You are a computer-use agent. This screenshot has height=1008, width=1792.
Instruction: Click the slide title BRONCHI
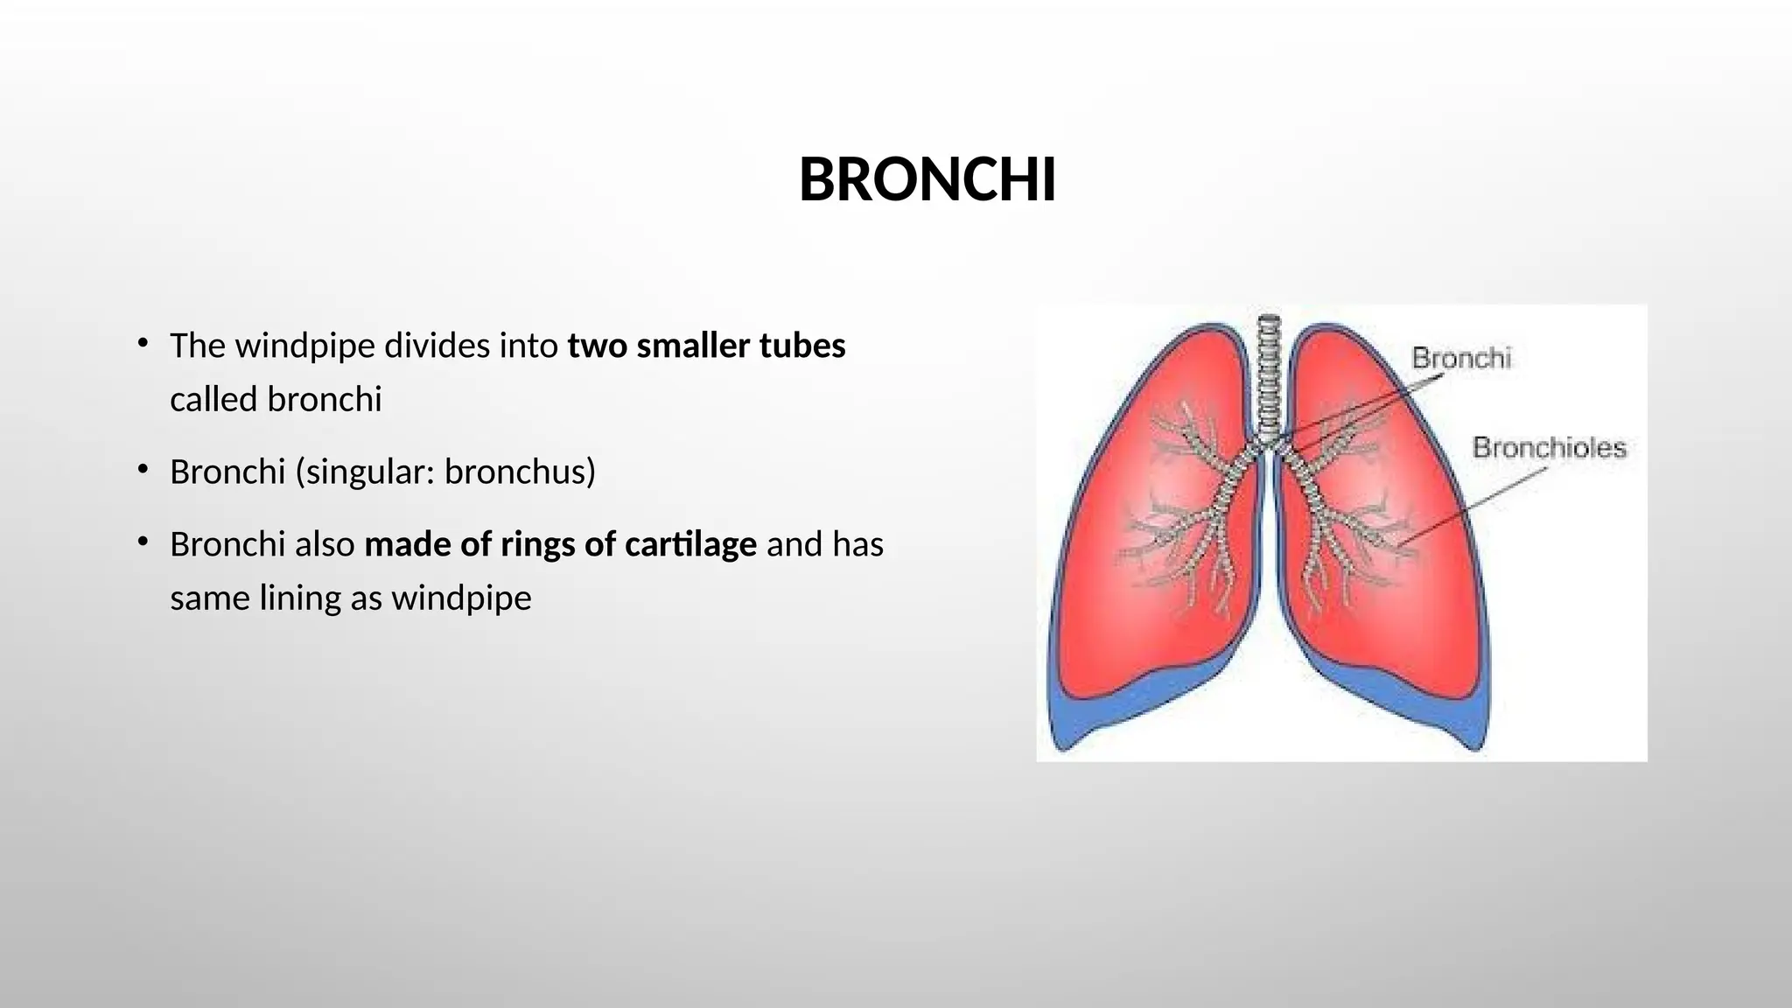tap(927, 180)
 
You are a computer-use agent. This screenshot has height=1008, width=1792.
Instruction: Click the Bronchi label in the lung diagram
tap(1461, 358)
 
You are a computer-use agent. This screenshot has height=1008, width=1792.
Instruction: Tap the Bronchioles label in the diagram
tap(1549, 447)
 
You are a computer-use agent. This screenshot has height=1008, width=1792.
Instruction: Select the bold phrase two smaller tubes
tap(706, 346)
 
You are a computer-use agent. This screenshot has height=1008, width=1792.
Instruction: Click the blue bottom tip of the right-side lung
tap(1475, 744)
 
